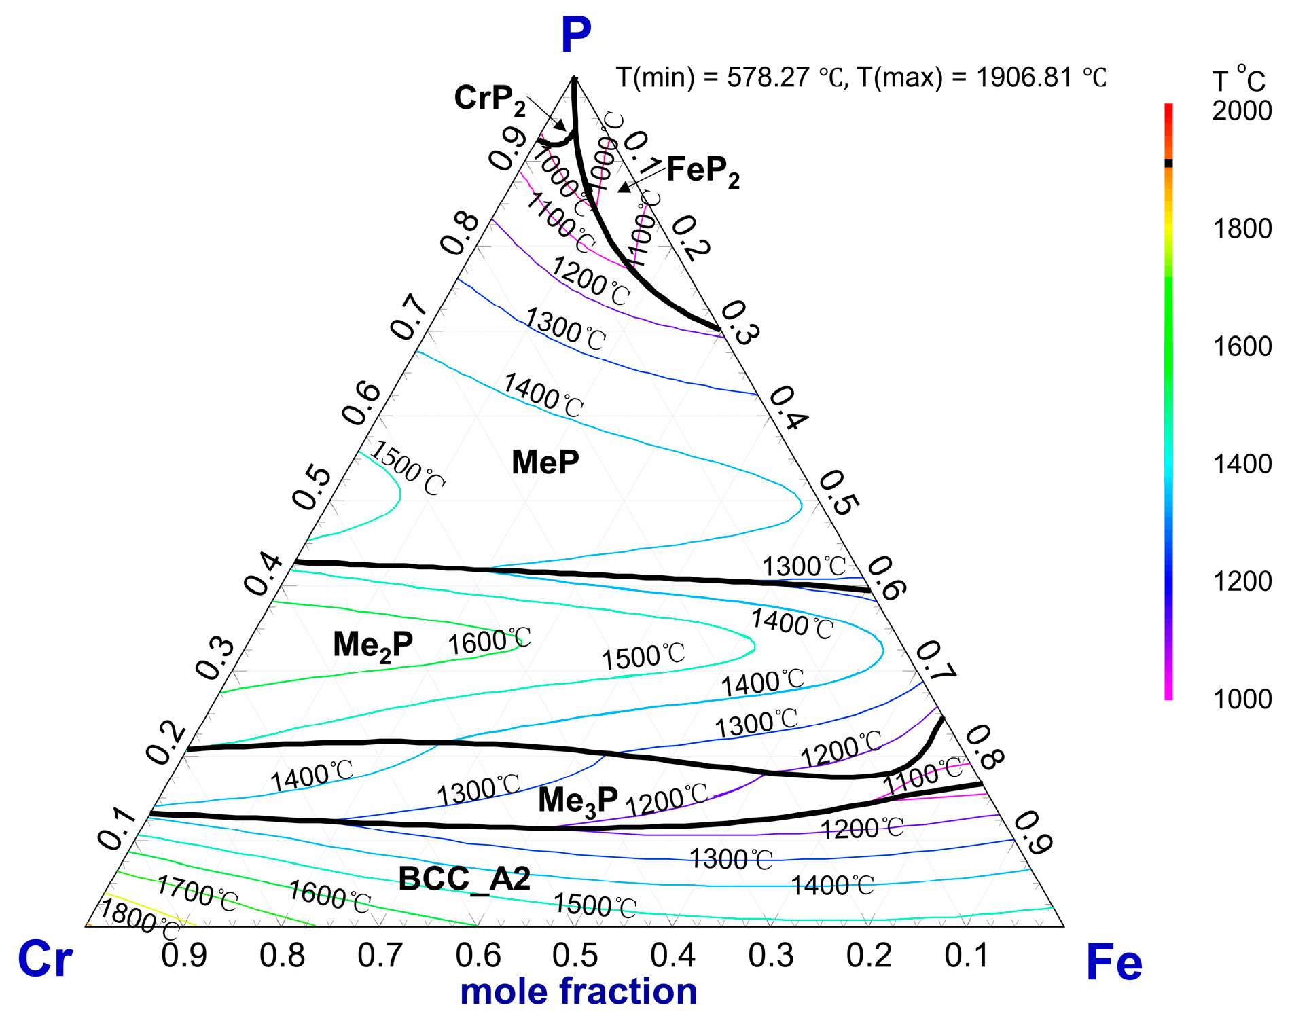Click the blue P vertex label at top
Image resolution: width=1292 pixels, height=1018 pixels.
pos(576,35)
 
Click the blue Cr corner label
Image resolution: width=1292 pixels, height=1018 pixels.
pos(45,959)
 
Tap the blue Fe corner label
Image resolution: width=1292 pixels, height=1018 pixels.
pos(1114,962)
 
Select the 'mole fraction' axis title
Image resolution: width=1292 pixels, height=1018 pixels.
pos(578,991)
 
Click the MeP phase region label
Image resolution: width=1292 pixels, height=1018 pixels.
pos(545,462)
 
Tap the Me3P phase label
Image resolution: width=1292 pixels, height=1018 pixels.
pos(577,800)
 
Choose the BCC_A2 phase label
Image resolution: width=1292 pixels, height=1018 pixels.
pos(464,879)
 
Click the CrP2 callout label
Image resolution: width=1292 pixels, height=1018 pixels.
pos(490,99)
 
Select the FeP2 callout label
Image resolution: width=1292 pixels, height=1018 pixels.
pos(703,170)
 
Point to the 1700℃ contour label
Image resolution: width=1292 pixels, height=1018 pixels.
pos(197,893)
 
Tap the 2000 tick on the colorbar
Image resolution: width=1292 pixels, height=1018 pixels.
pos(1242,111)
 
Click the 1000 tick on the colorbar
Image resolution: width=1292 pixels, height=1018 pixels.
pos(1242,699)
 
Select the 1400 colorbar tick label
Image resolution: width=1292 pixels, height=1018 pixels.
pos(1242,464)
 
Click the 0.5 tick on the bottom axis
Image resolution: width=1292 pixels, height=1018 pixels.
pos(575,955)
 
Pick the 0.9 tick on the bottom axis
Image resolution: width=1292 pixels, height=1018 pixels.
pos(184,955)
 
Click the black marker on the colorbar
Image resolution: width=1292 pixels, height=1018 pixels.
pos(1168,163)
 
